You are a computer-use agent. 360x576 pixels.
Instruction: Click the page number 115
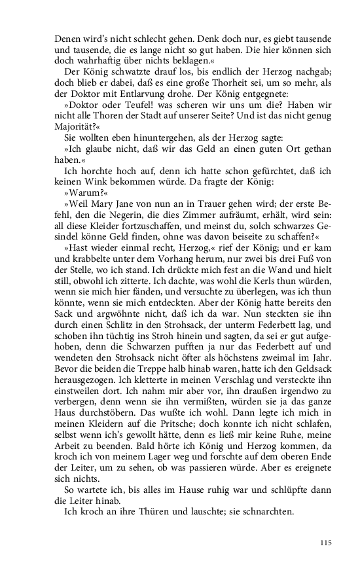click(327, 543)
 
